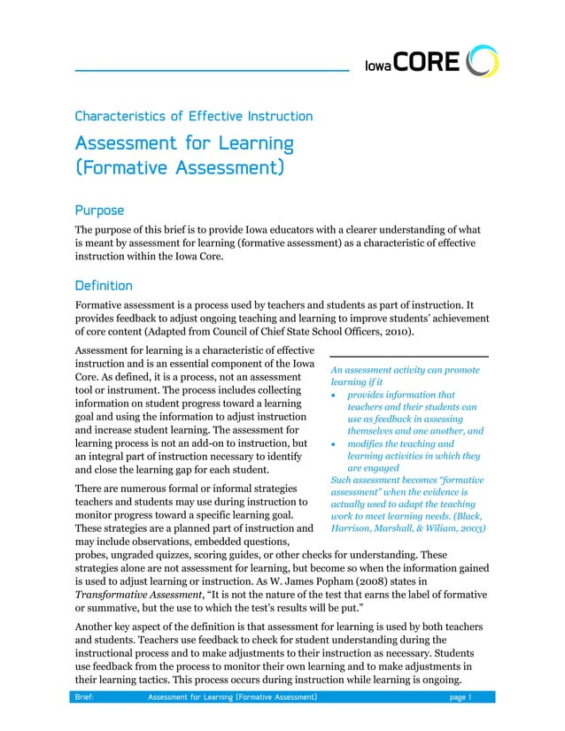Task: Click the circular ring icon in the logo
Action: tap(482, 61)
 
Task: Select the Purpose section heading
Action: tap(99, 212)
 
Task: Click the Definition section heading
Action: tap(104, 286)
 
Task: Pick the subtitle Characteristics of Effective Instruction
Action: tap(193, 116)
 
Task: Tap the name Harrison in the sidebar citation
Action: tap(355, 527)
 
